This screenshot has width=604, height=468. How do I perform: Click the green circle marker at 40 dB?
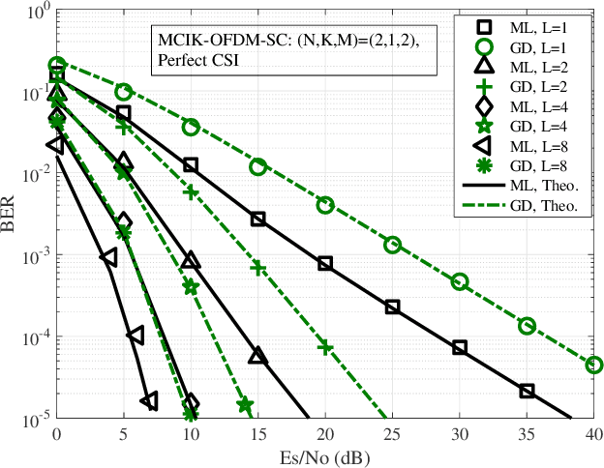coord(593,365)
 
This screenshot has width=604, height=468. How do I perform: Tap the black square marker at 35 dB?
coord(527,391)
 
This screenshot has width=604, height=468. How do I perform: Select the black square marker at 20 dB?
coord(325,263)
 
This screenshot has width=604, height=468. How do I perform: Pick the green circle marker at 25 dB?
coord(392,245)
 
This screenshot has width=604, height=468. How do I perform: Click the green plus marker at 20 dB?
coord(325,346)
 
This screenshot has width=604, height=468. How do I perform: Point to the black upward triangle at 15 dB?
coord(257,356)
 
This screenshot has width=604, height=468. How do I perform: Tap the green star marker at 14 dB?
coord(245,403)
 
